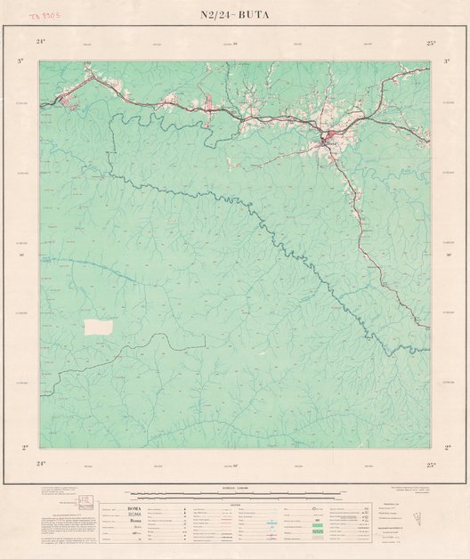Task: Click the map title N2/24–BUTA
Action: point(235,15)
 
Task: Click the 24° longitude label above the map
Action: point(41,42)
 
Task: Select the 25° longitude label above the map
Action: point(431,42)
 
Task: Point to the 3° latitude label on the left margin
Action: point(21,61)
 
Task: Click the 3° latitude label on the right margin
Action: point(447,61)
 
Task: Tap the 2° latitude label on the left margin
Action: point(24,448)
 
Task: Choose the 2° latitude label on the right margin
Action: point(447,448)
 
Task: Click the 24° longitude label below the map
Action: point(41,464)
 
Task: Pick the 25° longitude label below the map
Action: point(431,464)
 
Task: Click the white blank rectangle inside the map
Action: point(99,327)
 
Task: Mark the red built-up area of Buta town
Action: point(328,137)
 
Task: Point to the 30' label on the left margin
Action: point(21,255)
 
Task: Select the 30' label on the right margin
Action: point(447,255)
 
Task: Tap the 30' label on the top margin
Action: point(235,43)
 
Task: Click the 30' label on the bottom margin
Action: point(235,464)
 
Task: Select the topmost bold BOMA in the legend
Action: point(134,507)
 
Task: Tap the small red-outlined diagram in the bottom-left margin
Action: point(85,501)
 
